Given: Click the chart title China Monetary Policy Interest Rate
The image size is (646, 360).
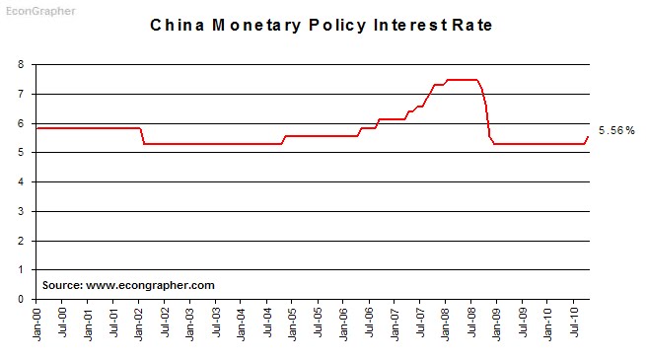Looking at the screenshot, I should (321, 25).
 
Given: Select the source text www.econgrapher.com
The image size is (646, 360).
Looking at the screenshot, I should (128, 285).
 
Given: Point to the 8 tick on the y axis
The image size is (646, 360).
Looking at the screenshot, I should (21, 65).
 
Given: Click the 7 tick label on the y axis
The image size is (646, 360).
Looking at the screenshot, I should (21, 95).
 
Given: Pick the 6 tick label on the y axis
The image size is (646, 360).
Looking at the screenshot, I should (21, 123).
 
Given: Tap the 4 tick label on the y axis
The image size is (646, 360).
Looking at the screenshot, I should (21, 182).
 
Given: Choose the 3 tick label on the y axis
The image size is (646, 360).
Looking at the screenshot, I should (21, 211).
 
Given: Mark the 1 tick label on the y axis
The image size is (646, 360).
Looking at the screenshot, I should (21, 269).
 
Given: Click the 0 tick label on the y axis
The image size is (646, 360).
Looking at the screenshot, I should (21, 299).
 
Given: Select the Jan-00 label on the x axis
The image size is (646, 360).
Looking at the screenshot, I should (37, 322).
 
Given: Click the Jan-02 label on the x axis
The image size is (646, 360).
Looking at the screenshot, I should (140, 322).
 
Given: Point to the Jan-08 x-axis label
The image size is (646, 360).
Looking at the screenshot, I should (446, 322).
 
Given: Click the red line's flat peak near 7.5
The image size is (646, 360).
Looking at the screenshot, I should (462, 80).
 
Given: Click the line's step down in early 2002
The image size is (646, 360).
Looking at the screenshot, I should (143, 136).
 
